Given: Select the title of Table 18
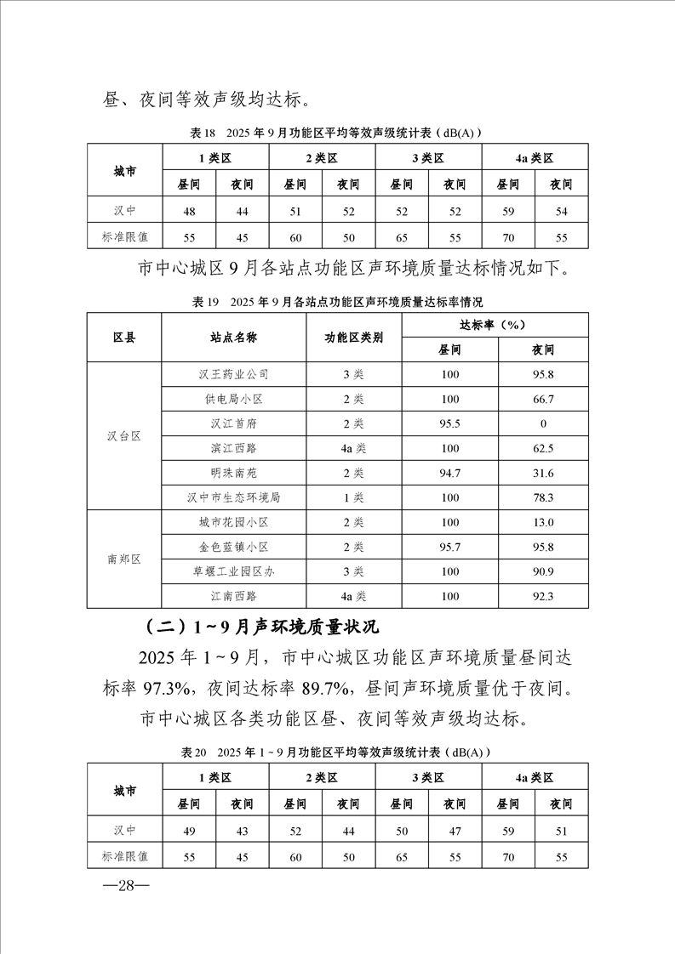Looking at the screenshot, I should coord(337,133).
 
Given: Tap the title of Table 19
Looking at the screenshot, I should coord(337,302).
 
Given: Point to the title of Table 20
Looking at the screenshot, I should coord(337,752).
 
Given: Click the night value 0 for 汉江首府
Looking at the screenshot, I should coord(543,423).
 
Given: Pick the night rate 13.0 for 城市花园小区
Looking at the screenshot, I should coord(543,522).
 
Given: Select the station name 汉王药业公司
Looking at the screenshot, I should coord(234,374).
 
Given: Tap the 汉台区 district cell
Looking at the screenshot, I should coord(123,435).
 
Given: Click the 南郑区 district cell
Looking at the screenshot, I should coord(123,559).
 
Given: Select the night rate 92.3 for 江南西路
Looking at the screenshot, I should coord(543,596).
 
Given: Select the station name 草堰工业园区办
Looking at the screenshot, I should coord(234,571).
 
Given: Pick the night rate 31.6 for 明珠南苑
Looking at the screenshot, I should coord(543,473).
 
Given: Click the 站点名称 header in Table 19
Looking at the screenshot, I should coord(234,337).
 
